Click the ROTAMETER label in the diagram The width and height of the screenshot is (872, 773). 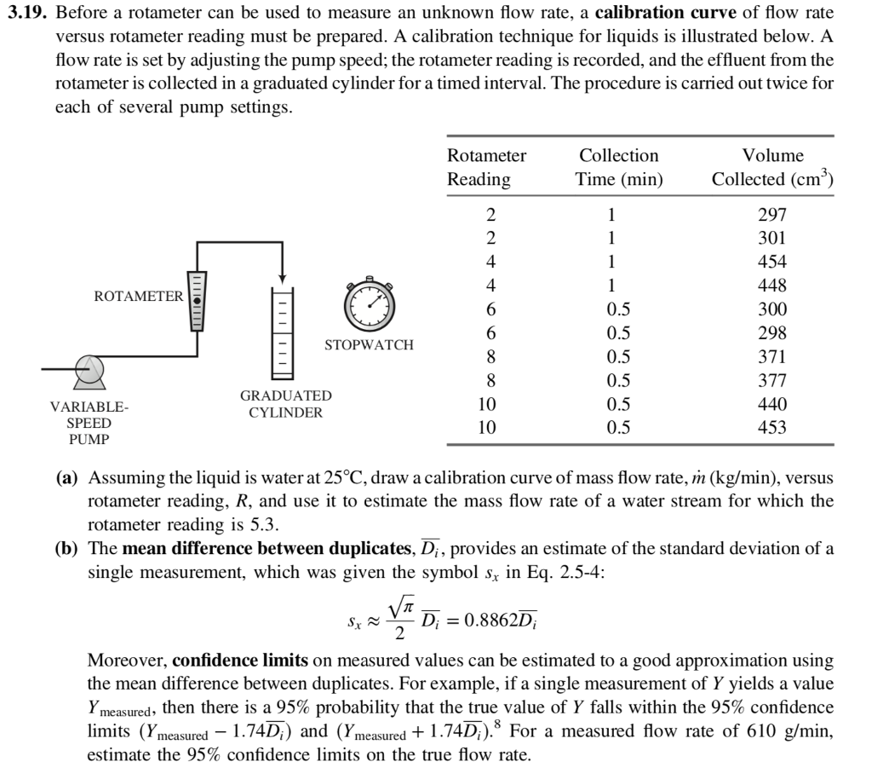pyautogui.click(x=138, y=297)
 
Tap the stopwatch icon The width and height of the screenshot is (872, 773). pyautogui.click(x=370, y=304)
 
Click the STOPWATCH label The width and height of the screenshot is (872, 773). pyautogui.click(x=369, y=345)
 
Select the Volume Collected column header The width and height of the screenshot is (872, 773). pyautogui.click(x=772, y=168)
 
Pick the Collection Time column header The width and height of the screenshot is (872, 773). pyautogui.click(x=618, y=168)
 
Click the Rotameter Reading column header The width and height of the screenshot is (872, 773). pyautogui.click(x=486, y=168)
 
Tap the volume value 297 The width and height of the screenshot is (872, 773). pyautogui.click(x=772, y=214)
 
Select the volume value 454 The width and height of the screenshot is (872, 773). pyautogui.click(x=772, y=262)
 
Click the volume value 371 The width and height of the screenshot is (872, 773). pyautogui.click(x=772, y=357)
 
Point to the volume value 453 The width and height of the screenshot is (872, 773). pyautogui.click(x=772, y=428)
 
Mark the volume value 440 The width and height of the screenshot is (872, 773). pyautogui.click(x=772, y=404)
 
